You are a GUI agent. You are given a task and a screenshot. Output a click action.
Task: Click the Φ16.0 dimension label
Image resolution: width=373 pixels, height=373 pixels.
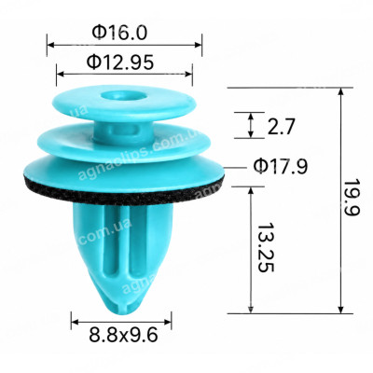click(x=119, y=33)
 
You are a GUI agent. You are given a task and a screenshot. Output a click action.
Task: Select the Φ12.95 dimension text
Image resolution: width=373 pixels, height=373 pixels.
click(x=120, y=62)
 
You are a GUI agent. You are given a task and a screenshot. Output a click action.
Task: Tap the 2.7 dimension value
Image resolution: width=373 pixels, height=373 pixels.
click(x=281, y=127)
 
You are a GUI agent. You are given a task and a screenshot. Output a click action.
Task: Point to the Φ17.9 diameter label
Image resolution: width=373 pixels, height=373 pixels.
click(x=281, y=167)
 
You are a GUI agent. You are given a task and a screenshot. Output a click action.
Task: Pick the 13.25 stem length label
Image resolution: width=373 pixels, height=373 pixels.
click(x=266, y=247)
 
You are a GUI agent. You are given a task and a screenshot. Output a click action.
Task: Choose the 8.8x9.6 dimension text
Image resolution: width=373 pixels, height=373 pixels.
click(x=123, y=336)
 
